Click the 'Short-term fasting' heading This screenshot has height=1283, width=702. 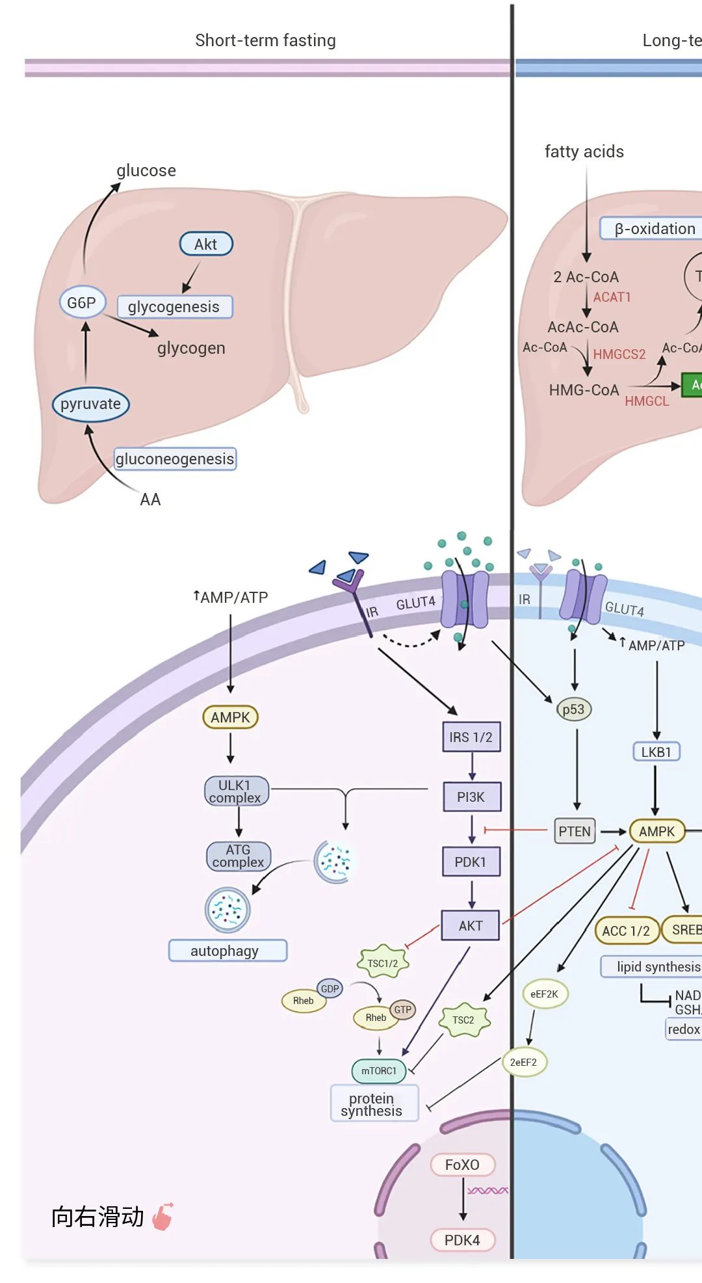[265, 40]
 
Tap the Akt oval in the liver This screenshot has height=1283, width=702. [206, 244]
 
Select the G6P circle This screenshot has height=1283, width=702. [82, 302]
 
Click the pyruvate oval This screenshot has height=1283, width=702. [90, 404]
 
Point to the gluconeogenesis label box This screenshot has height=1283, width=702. [175, 458]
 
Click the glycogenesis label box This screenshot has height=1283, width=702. [174, 306]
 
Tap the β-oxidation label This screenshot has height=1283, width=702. [653, 229]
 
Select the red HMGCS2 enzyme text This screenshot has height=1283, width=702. [619, 354]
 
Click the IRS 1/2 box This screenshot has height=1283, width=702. [471, 737]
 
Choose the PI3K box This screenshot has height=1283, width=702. [471, 797]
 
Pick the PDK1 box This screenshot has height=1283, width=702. [471, 862]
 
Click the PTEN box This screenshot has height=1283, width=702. [575, 831]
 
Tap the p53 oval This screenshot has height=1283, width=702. [573, 709]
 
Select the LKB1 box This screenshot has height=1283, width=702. [656, 752]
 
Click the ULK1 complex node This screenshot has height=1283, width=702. [235, 791]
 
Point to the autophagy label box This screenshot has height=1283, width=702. [225, 951]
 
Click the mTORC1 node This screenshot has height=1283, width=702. [379, 1070]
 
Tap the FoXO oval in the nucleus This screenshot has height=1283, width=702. [462, 1165]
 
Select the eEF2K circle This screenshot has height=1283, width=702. [545, 994]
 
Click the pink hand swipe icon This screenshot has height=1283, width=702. [162, 1216]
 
